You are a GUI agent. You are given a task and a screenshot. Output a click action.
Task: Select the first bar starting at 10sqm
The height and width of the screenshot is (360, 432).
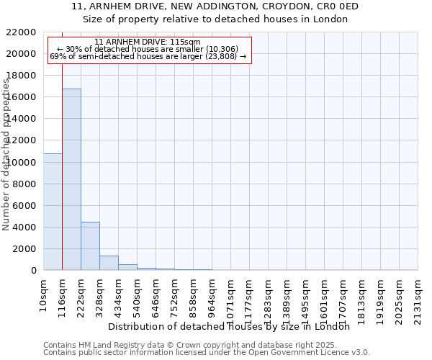(53, 212)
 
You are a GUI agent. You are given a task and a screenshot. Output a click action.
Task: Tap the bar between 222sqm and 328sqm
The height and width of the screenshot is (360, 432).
(90, 246)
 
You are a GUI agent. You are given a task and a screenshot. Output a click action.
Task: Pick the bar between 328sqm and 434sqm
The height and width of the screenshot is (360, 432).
(109, 263)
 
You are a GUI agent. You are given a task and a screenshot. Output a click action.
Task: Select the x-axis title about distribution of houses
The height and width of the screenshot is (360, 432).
(233, 326)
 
